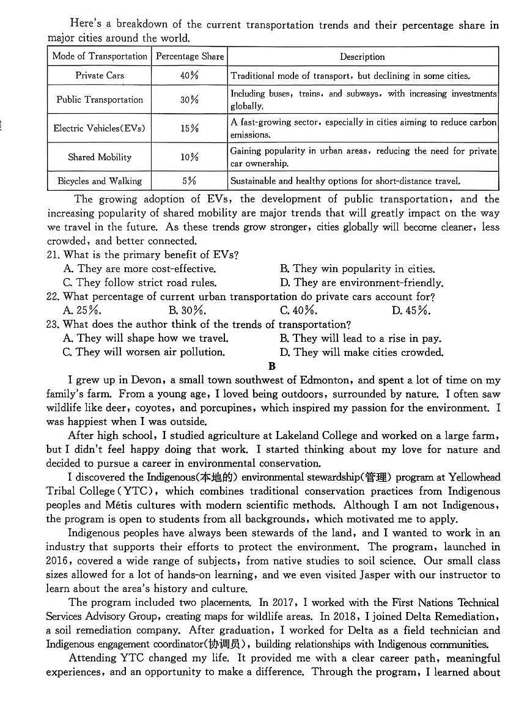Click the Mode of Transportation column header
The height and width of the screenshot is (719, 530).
100,56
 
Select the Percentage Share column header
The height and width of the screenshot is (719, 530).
190,56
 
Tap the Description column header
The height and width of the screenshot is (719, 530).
363,56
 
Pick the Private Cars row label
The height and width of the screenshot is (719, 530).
100,76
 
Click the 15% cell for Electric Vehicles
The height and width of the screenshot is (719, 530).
190,128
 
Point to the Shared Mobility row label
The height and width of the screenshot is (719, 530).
100,157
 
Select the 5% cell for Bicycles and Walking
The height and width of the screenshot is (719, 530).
190,181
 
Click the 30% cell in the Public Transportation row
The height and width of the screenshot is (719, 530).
190,100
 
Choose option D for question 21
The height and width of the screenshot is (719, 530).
361,283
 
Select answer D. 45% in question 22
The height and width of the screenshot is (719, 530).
411,311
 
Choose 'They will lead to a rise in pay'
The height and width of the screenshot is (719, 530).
361,339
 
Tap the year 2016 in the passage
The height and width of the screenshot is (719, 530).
59,561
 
